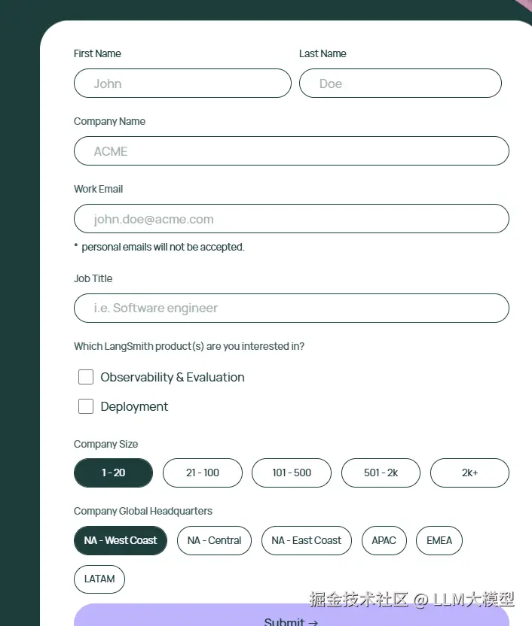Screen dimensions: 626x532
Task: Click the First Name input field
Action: (182, 84)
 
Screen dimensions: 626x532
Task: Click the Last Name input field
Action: (400, 84)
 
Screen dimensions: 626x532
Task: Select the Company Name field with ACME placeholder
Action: (291, 151)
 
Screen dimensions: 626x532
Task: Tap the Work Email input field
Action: (291, 219)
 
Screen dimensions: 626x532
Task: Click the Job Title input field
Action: (291, 308)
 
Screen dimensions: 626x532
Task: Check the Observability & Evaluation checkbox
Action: (86, 377)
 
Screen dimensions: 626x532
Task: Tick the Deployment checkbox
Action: (86, 406)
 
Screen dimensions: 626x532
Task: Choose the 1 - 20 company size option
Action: (113, 473)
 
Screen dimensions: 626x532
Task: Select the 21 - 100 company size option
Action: (202, 473)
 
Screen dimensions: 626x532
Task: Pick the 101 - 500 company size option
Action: (291, 473)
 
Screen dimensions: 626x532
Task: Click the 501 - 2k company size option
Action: (381, 473)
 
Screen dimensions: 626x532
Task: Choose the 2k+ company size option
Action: (469, 473)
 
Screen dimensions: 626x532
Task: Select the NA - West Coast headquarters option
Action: (121, 540)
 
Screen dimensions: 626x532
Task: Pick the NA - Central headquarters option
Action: (214, 540)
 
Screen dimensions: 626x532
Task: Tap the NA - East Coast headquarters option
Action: (306, 540)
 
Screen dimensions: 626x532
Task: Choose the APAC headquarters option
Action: (384, 540)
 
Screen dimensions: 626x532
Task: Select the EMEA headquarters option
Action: (439, 540)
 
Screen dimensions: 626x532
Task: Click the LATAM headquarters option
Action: (99, 579)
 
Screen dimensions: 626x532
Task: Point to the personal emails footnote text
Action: (163, 247)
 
